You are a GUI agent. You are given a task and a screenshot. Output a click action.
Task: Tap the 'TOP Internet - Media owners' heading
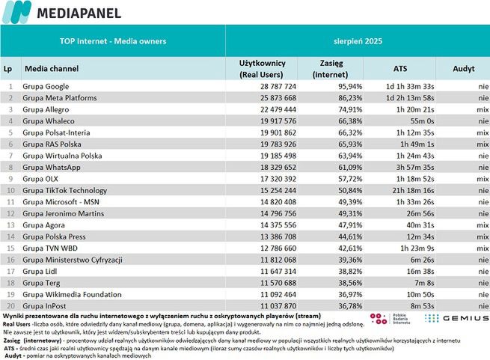[112, 41]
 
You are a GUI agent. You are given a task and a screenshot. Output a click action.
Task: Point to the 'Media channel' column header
[52, 68]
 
